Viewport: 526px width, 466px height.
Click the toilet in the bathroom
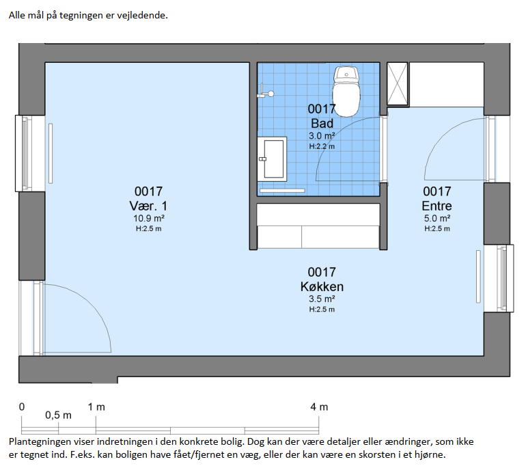346,92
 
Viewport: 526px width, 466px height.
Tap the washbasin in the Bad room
272,159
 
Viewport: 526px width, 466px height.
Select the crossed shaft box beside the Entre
398,84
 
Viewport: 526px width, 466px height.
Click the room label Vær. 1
148,206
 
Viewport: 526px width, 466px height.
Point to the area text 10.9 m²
149,219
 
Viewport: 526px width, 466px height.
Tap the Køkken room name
322,286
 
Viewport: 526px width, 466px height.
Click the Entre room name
437,206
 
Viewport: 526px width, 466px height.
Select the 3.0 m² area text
322,136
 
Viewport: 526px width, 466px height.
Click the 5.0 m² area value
437,219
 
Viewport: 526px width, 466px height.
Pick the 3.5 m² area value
322,299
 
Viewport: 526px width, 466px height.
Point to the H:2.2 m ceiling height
322,146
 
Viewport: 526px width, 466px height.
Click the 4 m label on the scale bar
319,407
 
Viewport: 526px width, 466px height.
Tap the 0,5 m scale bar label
58,415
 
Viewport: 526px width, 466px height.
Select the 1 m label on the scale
96,407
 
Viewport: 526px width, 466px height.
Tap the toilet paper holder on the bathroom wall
265,92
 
